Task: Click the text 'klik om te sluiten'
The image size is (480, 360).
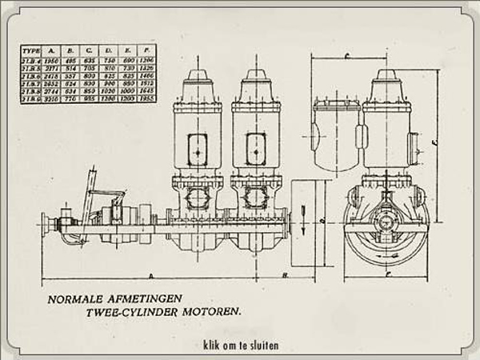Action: pos(240,347)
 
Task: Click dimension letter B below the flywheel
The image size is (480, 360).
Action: pos(286,274)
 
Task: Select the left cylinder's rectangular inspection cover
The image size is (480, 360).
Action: pos(196,149)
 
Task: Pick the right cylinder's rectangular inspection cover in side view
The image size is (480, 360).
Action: pos(256,149)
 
